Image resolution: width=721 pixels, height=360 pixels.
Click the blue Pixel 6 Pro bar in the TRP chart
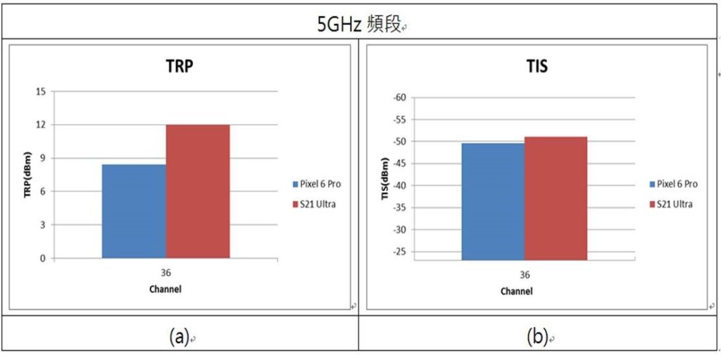[x=134, y=211]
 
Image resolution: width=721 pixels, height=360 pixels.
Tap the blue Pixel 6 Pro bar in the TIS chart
[x=493, y=201]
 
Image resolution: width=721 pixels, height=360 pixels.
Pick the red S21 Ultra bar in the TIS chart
[x=556, y=199]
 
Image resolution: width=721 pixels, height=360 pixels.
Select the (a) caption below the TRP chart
[x=180, y=337]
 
